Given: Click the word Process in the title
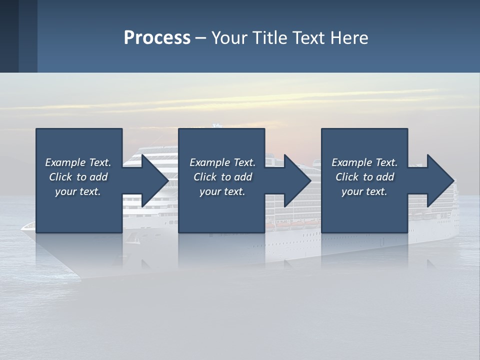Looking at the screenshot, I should [157, 38].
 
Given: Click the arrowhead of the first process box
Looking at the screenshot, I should [155, 180].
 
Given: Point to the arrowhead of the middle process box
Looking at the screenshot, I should [297, 180].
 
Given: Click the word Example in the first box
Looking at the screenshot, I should [64, 162].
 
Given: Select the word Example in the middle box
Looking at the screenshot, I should [209, 162].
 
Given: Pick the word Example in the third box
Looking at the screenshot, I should [351, 162].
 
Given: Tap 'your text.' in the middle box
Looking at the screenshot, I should [222, 192].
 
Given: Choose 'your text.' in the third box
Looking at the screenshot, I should [364, 192].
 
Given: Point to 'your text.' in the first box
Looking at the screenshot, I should [77, 192].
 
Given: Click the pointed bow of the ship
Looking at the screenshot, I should [23, 227].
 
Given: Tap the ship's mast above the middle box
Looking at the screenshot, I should [216, 125].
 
